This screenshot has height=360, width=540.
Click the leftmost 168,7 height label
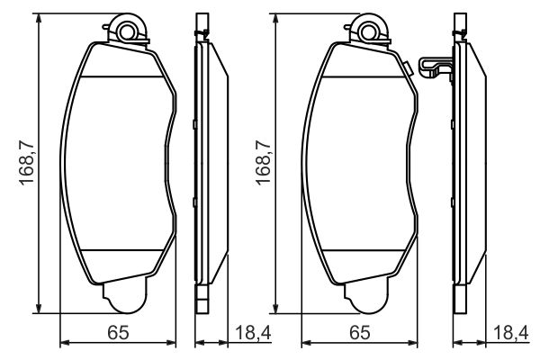click(27, 164)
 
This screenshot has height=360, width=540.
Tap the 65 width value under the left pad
click(117, 332)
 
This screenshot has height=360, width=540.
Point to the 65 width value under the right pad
click(360, 332)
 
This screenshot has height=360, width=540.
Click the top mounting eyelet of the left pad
click(127, 31)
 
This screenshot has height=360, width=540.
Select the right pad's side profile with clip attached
click(466, 162)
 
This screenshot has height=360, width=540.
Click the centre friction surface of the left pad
click(121, 162)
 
